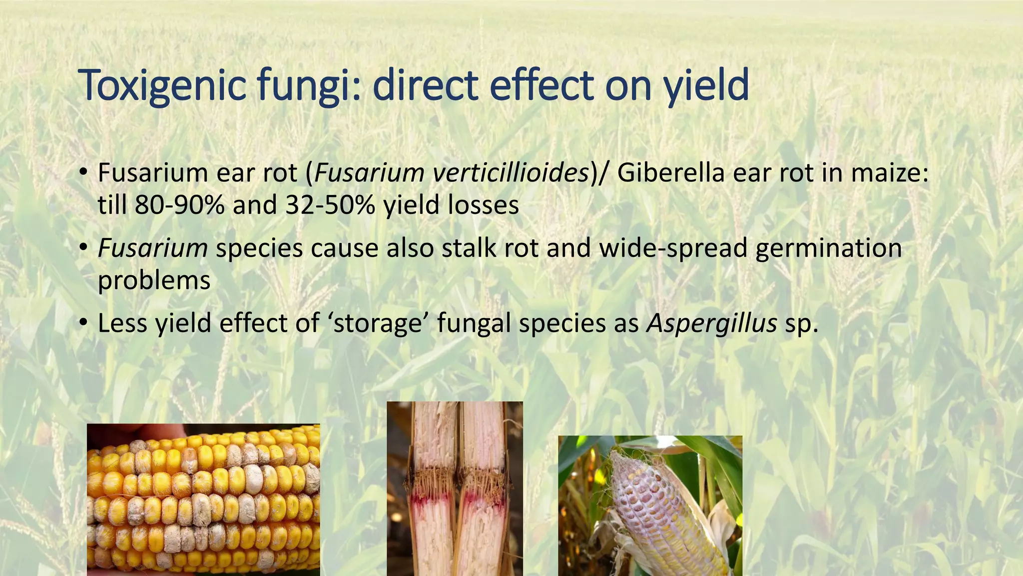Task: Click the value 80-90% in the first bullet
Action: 179,205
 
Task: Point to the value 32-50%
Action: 330,205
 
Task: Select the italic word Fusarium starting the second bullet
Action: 152,248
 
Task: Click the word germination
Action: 828,248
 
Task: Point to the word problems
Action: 154,280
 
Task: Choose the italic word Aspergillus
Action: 711,323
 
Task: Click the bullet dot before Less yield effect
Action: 83,323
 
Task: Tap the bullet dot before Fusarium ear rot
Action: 83,173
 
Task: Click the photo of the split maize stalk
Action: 455,488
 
